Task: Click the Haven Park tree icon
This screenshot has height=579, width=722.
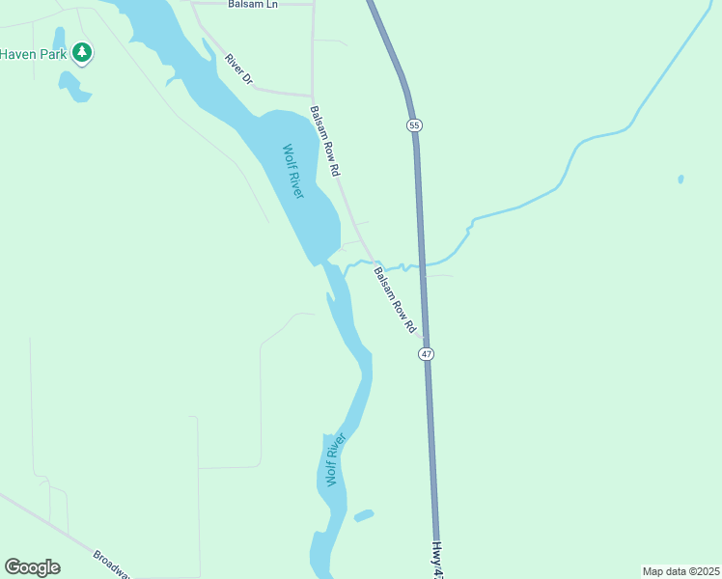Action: click(83, 52)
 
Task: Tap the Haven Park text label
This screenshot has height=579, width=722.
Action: click(33, 54)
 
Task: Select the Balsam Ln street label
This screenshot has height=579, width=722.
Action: click(253, 5)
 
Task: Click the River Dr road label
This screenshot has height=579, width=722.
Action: click(238, 70)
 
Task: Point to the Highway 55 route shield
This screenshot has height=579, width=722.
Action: click(414, 125)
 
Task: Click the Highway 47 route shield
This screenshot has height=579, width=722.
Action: click(427, 354)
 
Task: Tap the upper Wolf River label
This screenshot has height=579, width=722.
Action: click(293, 171)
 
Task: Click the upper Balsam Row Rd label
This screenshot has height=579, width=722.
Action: click(325, 141)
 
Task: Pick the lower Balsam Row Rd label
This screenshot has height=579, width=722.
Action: click(395, 299)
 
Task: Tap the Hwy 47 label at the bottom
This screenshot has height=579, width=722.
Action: click(437, 560)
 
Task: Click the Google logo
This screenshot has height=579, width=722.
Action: click(32, 567)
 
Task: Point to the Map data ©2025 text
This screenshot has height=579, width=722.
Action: click(680, 570)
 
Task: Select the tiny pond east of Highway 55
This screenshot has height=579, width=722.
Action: click(680, 179)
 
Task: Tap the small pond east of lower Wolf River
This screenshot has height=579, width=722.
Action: click(364, 515)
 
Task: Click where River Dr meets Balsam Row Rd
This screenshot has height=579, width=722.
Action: click(311, 96)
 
